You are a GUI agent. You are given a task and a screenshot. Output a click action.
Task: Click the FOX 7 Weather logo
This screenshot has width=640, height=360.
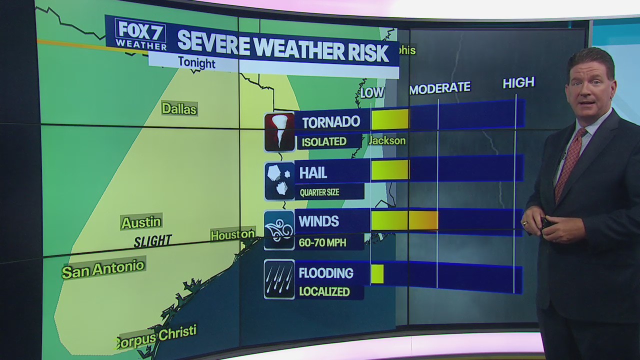point(140,34)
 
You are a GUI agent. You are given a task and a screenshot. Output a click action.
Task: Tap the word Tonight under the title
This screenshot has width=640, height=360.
point(196,63)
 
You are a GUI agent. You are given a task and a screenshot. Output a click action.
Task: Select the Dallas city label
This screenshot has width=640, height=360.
point(179,108)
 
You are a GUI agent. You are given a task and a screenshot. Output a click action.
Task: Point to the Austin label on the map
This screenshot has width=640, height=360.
point(141,222)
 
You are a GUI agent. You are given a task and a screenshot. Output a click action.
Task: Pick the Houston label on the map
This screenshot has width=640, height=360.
point(232,234)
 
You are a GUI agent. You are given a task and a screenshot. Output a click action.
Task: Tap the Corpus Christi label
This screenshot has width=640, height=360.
point(156,336)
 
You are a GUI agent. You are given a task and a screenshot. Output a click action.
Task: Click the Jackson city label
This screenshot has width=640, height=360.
point(387,140)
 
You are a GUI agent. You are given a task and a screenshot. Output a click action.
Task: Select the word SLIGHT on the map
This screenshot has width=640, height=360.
point(152,241)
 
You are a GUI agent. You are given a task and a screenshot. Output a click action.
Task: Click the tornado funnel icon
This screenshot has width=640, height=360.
point(279,132)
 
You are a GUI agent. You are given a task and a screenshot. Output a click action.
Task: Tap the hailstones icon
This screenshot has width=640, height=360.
point(279,181)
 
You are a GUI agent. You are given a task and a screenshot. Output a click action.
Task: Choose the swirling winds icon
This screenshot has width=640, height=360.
point(279,230)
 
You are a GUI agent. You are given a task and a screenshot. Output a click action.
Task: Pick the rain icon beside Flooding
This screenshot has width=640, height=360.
point(279,279)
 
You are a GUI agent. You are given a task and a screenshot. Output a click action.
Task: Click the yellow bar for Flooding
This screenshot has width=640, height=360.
point(377,274)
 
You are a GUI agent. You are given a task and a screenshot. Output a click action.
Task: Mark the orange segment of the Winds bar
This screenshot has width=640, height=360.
point(423,220)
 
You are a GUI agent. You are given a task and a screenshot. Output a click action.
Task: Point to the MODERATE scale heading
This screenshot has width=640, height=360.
point(439,88)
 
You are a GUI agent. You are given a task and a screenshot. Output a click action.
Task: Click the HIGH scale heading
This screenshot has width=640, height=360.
point(518,83)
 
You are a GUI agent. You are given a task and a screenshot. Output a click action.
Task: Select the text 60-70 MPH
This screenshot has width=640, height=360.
point(319,242)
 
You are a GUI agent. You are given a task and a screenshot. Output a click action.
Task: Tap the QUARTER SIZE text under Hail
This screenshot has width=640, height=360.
point(319,192)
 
